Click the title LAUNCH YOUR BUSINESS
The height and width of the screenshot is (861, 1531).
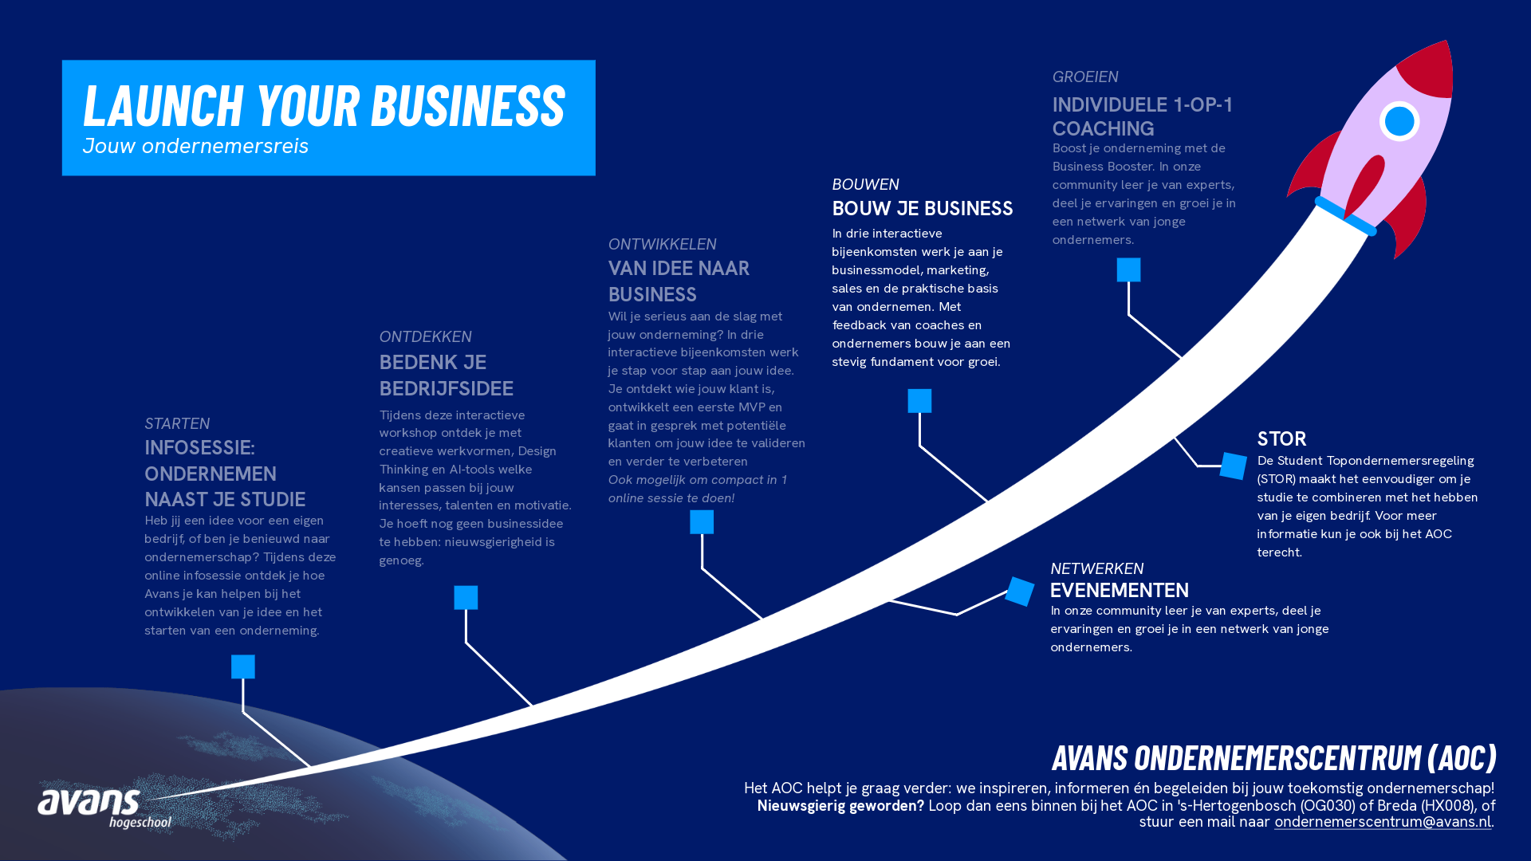[324, 105]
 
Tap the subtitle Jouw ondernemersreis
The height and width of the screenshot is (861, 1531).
[195, 146]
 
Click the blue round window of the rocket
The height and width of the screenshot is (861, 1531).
[1399, 121]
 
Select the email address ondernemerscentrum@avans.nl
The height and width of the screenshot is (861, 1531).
[1382, 822]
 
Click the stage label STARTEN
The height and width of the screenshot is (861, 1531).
[177, 423]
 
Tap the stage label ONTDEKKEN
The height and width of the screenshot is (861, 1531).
[425, 336]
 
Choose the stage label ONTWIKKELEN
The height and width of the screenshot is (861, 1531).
[662, 244]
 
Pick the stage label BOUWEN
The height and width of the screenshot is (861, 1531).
[865, 184]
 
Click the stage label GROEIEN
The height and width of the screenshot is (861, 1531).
[1085, 77]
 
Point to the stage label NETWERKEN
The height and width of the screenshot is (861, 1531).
[1096, 568]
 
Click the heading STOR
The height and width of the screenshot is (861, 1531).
[1281, 438]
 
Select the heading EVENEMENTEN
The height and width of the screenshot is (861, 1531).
[1119, 590]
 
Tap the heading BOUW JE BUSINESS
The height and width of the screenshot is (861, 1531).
[923, 208]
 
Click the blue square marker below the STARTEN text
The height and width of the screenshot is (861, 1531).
[243, 666]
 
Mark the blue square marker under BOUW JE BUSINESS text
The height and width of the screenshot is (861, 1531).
[919, 401]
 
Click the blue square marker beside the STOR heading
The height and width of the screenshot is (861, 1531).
[1233, 466]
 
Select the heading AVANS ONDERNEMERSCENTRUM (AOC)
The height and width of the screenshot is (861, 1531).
[1274, 757]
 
